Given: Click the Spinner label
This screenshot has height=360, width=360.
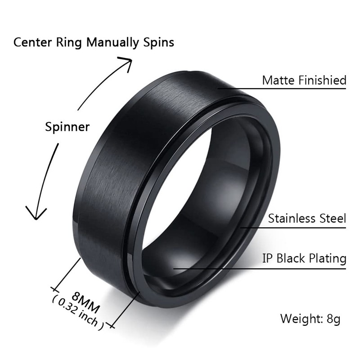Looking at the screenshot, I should pyautogui.click(x=67, y=127).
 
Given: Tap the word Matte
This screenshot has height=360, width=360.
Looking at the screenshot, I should pyautogui.click(x=276, y=81).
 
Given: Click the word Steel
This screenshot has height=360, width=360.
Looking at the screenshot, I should pyautogui.click(x=332, y=219).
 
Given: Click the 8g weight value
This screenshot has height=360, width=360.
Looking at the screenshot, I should pyautogui.click(x=333, y=319).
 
